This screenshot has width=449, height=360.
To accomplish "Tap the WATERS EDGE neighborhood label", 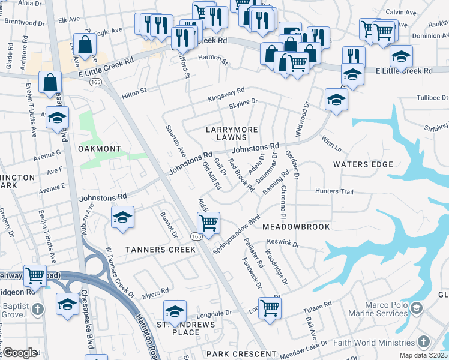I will pos(363,164).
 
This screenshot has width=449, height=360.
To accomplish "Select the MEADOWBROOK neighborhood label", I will pos(296,227).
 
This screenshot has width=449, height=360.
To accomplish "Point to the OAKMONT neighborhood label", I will pos(99,148).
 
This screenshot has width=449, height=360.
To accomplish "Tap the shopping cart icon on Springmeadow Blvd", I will pos(208,223).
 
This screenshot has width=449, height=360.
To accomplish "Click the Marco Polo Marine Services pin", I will pos(417,308).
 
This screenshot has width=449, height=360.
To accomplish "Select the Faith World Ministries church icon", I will pos(424,342).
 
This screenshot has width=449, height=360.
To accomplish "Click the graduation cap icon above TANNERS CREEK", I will pos(122,217).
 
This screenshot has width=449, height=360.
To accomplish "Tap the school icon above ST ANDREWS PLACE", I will pos(175,311).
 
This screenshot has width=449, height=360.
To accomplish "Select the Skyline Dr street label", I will pos(243,103).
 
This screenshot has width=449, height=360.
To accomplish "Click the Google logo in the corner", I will pos(20,353).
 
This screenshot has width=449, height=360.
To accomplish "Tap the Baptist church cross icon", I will pos(37,310).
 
